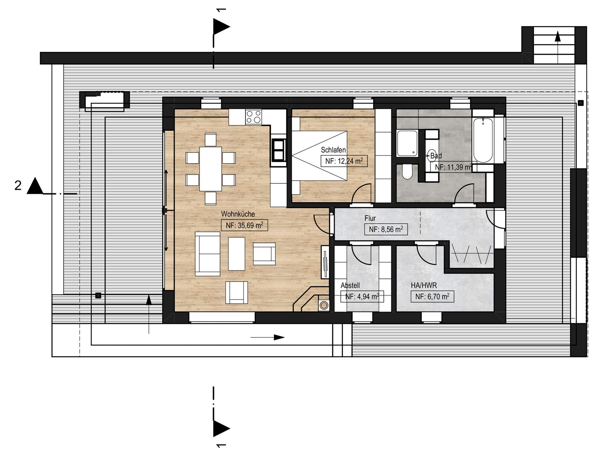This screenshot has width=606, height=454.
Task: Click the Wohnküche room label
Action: (238, 214)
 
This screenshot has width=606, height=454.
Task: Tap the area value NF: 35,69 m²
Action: (245, 225)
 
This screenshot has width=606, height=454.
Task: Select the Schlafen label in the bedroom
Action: (333, 150)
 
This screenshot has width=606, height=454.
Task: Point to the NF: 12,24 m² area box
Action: (344, 161)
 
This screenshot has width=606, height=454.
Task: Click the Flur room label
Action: (370, 218)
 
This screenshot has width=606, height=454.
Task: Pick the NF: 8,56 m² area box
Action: (386, 229)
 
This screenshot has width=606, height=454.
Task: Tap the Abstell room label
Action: (350, 285)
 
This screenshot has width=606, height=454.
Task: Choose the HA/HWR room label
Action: (424, 285)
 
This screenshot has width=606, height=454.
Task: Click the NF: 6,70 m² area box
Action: (432, 297)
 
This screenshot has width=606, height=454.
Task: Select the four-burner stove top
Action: (254, 117)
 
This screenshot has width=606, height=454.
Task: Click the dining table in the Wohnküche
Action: (210, 169)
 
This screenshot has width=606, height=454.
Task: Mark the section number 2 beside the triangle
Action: (18, 186)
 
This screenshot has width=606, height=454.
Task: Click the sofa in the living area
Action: (208, 254)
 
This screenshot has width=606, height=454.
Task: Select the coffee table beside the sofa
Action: (236, 254)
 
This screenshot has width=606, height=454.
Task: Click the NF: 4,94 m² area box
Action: (362, 297)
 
